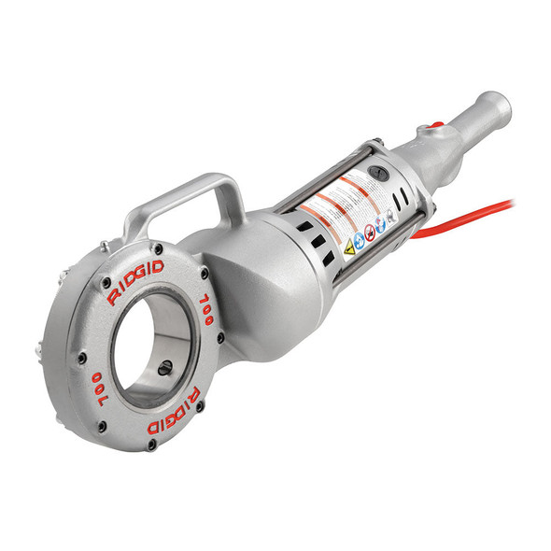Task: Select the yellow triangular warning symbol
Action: pos(351,247)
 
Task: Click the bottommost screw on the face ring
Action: pos(151,444)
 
